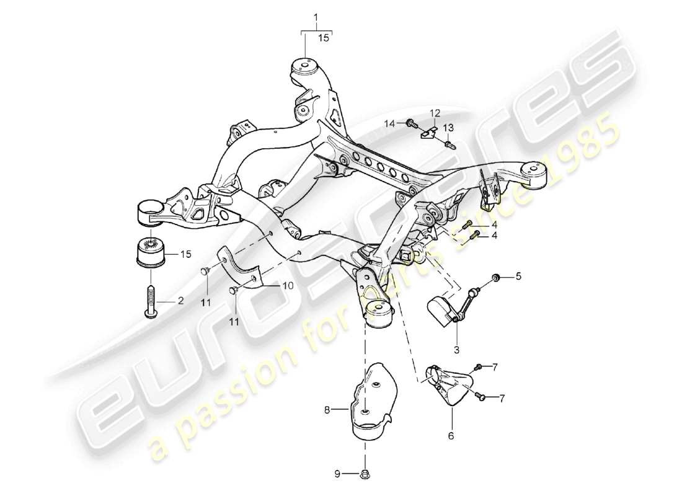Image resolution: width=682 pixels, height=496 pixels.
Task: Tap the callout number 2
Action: (180, 301)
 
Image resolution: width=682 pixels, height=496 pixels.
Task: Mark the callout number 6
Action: (451, 436)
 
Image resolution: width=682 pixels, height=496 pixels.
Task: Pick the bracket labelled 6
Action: (448, 387)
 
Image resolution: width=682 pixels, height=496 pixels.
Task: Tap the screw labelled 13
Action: (447, 144)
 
